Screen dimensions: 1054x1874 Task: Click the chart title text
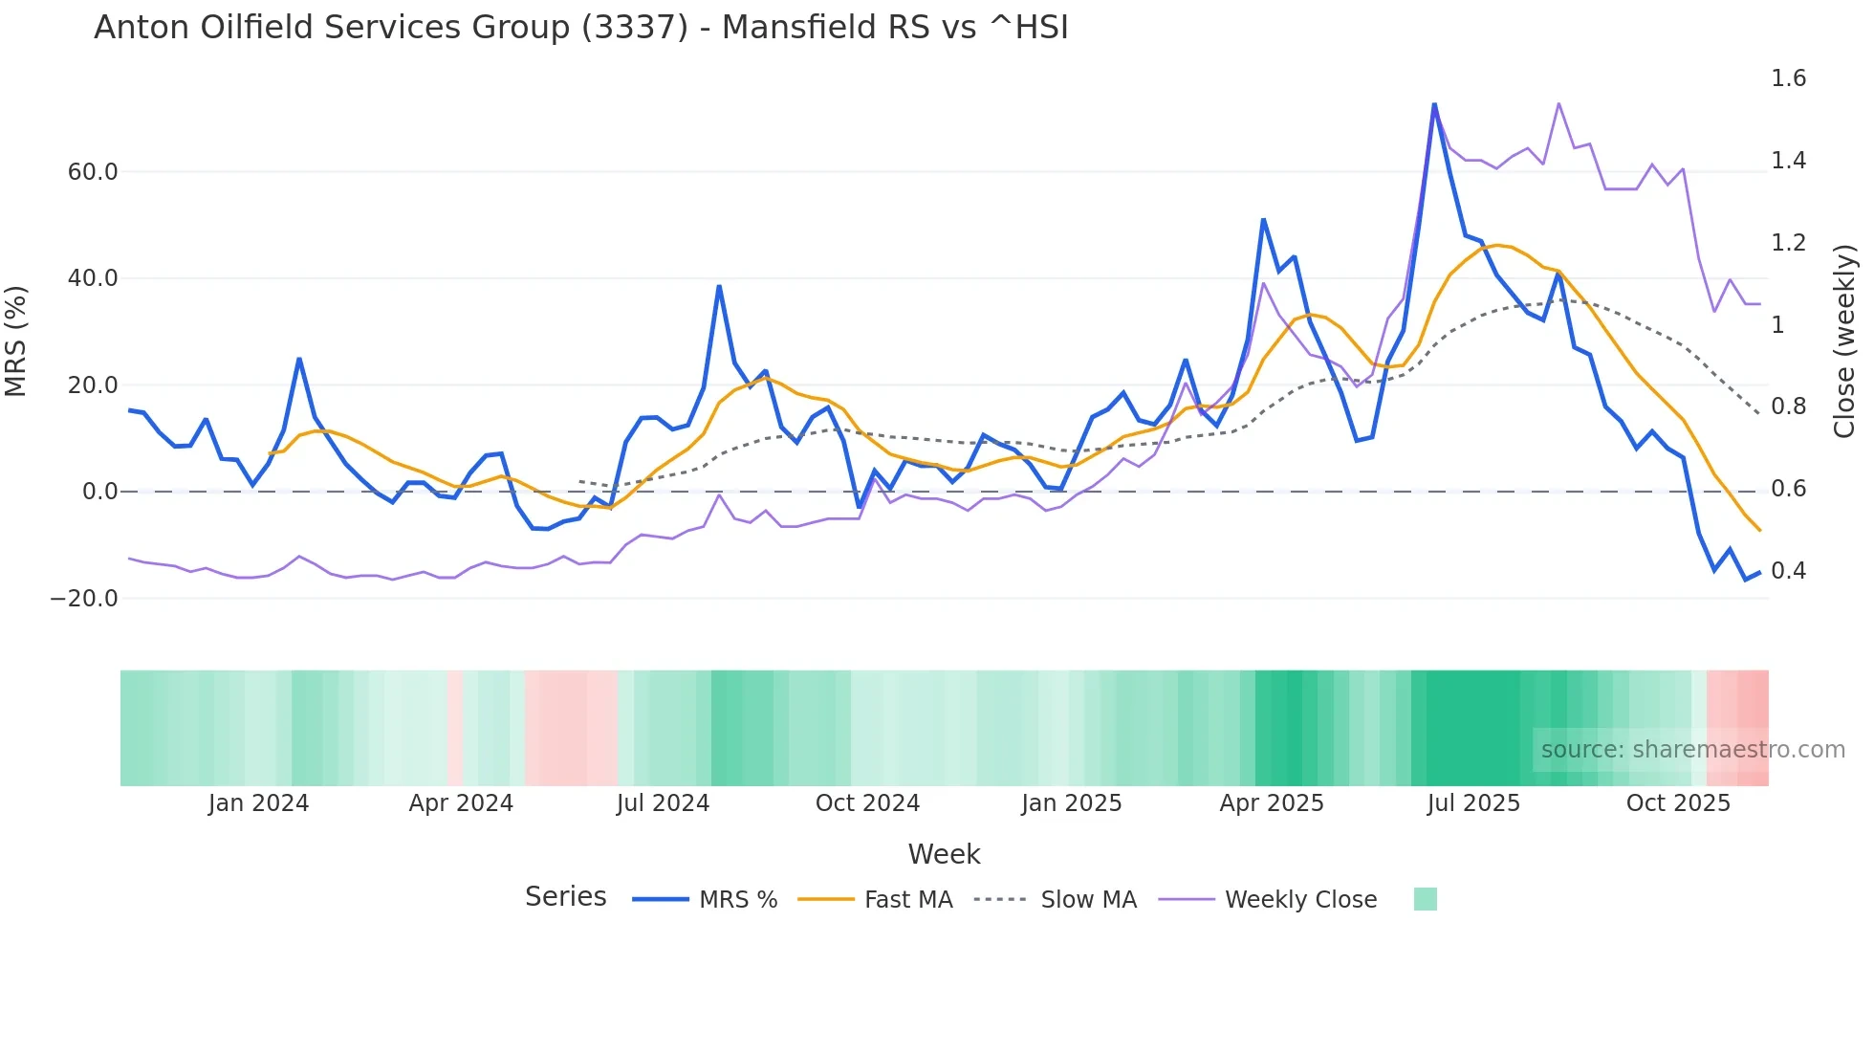click(580, 28)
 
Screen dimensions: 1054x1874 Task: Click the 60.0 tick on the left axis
click(93, 172)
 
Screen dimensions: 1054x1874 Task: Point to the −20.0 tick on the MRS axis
click(84, 599)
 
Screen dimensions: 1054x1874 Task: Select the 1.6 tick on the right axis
click(1788, 78)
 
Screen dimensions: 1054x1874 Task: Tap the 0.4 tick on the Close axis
click(1788, 571)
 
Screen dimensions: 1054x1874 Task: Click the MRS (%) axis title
click(16, 340)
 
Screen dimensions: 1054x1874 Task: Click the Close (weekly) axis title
click(1844, 340)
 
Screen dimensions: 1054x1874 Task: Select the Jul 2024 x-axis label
click(663, 803)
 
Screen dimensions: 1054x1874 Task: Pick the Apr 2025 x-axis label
click(1271, 803)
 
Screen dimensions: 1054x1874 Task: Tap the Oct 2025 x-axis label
click(1678, 803)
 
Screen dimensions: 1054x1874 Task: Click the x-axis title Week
click(944, 854)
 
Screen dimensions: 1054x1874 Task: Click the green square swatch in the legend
click(1425, 899)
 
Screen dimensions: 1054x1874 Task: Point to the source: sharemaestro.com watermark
click(1692, 750)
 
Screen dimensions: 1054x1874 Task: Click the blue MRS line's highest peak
click(1434, 104)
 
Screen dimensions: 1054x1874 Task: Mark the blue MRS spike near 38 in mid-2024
click(719, 286)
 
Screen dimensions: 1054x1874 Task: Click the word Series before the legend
click(565, 897)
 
